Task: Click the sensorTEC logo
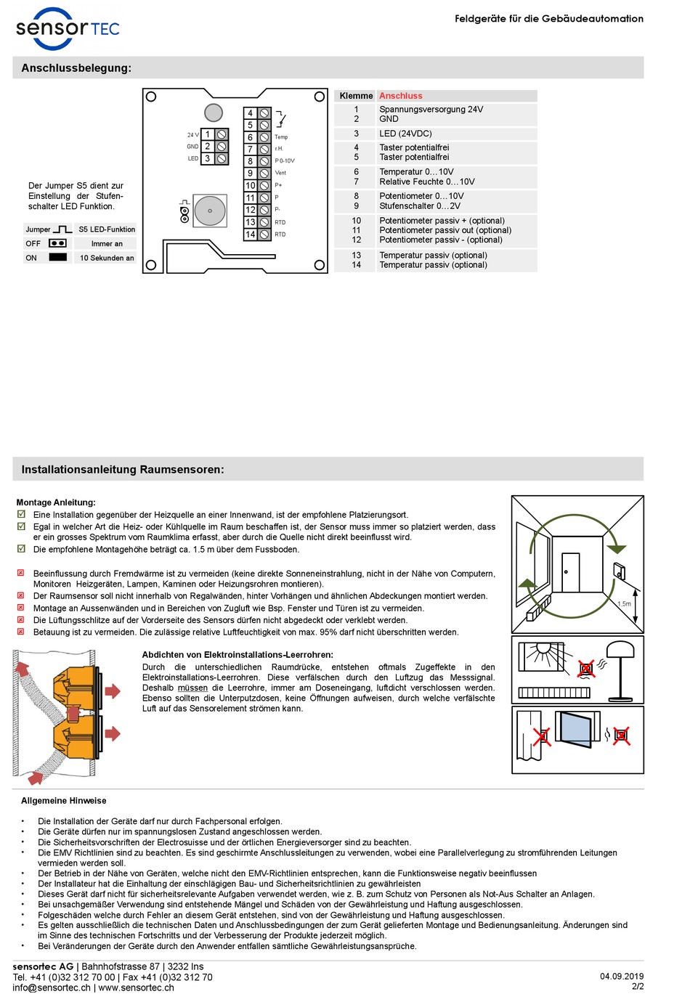[68, 29]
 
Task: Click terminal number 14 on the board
[250, 235]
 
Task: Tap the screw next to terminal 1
[222, 134]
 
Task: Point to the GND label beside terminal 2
[192, 147]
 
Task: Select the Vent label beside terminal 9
[280, 173]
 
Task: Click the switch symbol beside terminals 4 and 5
[281, 119]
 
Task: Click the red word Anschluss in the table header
[400, 96]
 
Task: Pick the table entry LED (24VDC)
[405, 134]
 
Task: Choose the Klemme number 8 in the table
[356, 196]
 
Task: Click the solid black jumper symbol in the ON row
[57, 257]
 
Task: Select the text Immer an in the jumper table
[107, 244]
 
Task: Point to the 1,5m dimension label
[624, 603]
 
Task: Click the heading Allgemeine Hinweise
[64, 801]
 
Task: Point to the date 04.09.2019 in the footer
[621, 976]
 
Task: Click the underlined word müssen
[192, 688]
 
